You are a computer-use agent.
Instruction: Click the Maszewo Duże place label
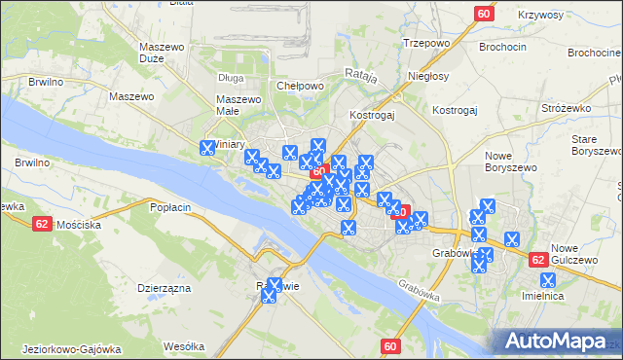tap(162, 53)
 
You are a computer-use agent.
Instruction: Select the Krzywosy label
tap(515, 15)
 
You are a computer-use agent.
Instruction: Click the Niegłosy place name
tap(428, 76)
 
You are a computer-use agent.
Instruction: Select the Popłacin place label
tap(170, 207)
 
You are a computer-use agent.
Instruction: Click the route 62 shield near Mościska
tap(42, 223)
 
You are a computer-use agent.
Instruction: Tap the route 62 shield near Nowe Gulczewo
tap(538, 260)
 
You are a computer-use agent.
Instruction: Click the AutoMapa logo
tap(558, 342)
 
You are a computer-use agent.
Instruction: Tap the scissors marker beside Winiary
tap(207, 149)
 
